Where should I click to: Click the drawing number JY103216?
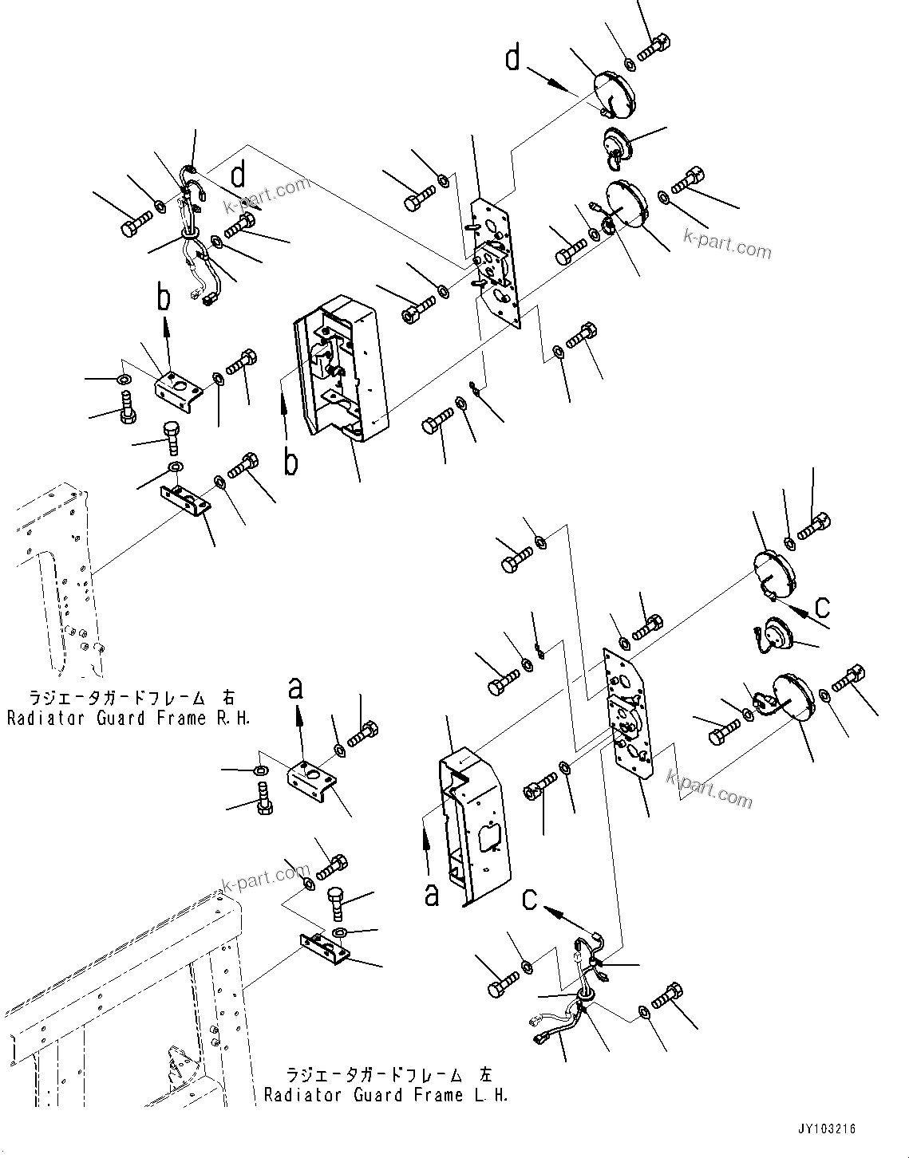coord(825,1129)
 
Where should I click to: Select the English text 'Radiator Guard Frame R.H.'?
coord(128,719)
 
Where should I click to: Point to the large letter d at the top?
coord(512,58)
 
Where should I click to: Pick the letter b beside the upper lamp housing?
coord(291,461)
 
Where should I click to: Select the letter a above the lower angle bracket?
coord(296,687)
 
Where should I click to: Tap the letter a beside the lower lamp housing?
coord(432,894)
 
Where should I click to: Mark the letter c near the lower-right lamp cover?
coord(822,606)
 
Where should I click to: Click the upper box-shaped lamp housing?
coord(342,367)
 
